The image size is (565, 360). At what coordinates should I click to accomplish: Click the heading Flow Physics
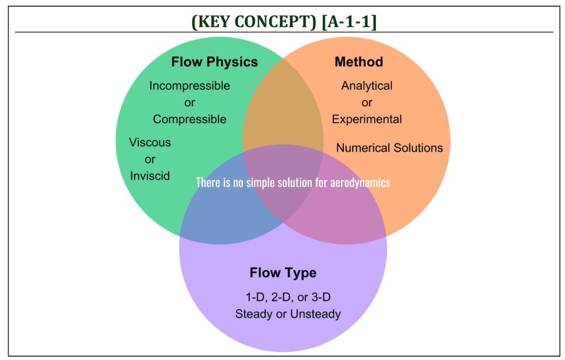click(215, 62)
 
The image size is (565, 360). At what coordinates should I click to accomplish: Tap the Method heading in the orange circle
click(359, 62)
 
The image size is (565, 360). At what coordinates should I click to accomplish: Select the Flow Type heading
click(283, 273)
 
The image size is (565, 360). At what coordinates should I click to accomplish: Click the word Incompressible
click(190, 85)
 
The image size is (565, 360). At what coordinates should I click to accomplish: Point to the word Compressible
click(190, 119)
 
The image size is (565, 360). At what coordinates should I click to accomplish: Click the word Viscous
click(150, 142)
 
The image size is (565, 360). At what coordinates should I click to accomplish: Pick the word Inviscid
click(150, 176)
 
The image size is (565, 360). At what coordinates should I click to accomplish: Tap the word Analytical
click(367, 85)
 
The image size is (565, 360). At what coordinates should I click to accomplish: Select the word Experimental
click(367, 119)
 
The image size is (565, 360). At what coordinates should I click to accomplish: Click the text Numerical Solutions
click(390, 148)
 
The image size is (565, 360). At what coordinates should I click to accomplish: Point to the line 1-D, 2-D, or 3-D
click(288, 297)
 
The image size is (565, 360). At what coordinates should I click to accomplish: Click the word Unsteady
click(315, 314)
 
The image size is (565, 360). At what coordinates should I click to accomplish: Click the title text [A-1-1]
click(349, 22)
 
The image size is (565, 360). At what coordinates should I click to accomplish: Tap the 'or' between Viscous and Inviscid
click(150, 159)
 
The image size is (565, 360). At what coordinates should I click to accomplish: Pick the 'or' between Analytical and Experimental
click(367, 103)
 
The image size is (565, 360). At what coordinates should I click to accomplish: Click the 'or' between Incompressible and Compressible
click(190, 103)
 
